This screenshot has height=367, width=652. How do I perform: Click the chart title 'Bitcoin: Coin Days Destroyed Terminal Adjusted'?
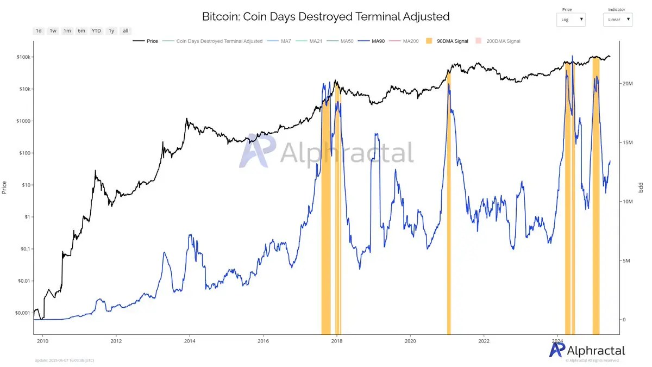click(325, 16)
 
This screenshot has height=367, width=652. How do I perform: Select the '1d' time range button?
click(39, 31)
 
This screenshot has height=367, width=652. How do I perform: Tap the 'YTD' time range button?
click(96, 31)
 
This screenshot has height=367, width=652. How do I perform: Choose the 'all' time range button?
click(126, 31)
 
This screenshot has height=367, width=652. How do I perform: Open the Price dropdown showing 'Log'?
click(571, 20)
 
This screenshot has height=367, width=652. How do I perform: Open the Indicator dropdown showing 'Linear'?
click(618, 20)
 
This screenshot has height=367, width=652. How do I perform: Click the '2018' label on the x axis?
click(336, 341)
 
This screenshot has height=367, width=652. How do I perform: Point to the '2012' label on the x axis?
click(116, 341)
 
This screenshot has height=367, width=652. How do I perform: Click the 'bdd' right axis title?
click(641, 188)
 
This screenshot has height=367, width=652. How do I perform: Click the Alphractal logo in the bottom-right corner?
click(587, 350)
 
